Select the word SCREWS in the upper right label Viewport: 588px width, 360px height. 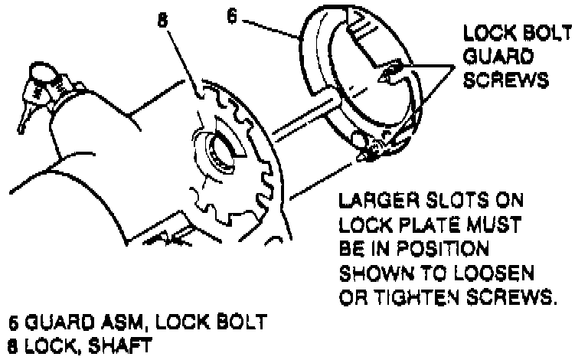tap(498, 80)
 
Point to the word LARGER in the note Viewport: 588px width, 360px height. tap(374, 202)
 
